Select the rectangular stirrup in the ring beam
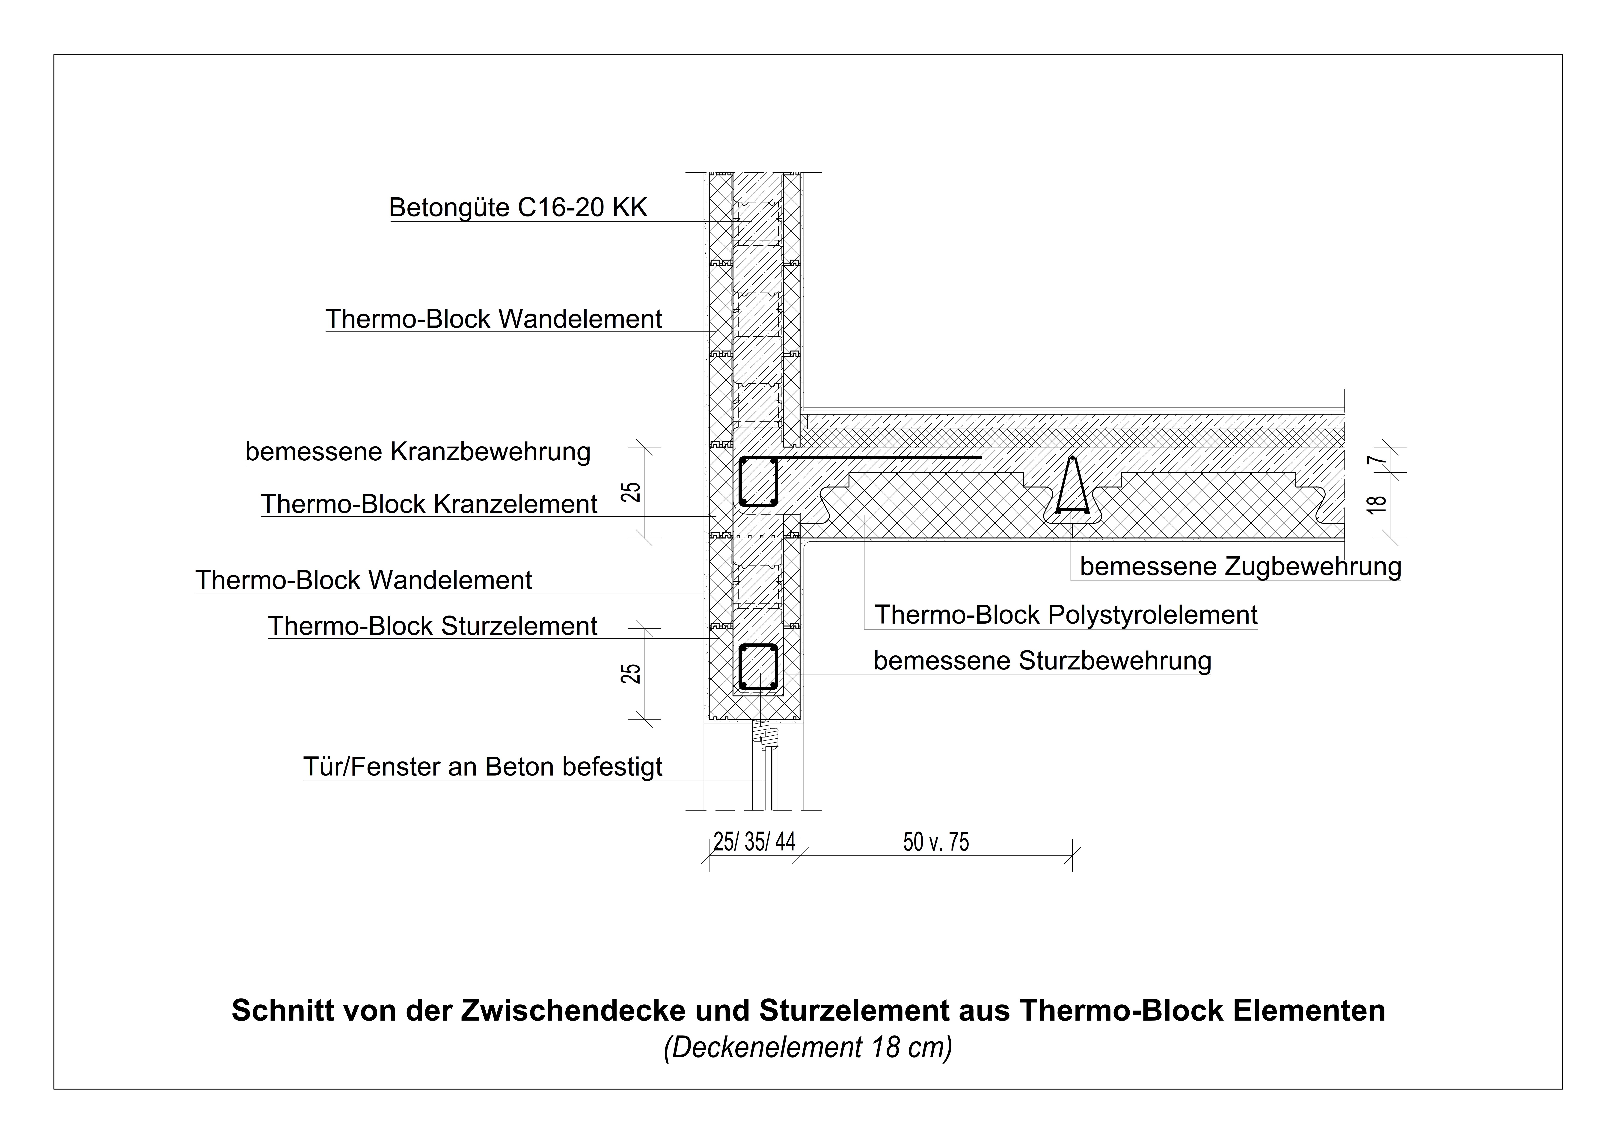[x=757, y=482]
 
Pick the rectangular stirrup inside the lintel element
[x=757, y=667]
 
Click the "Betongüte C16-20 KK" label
[x=518, y=208]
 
